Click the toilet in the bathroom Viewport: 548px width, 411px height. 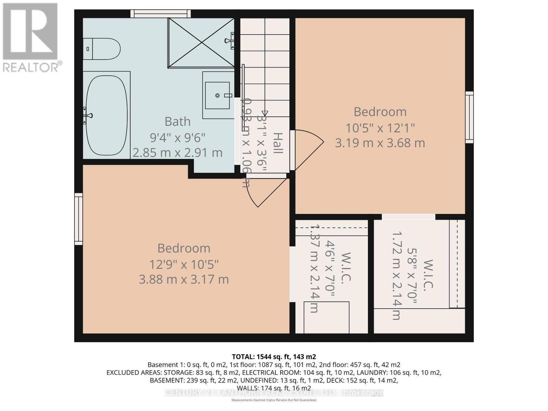pyautogui.click(x=102, y=49)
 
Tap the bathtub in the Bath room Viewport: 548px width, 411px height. pyautogui.click(x=107, y=115)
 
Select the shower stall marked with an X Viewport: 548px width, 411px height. pyautogui.click(x=201, y=43)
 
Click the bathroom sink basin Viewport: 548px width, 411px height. pyautogui.click(x=217, y=95)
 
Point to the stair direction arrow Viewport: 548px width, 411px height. pyautogui.click(x=265, y=113)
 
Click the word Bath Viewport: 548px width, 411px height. pyautogui.click(x=177, y=122)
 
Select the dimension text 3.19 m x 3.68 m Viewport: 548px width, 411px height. pyautogui.click(x=380, y=143)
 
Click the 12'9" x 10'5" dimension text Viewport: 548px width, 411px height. pyautogui.click(x=184, y=264)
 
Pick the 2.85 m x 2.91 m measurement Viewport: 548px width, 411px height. pyautogui.click(x=177, y=153)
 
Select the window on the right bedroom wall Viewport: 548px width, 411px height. pyautogui.click(x=469, y=117)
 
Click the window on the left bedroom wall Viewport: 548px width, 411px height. pyautogui.click(x=79, y=219)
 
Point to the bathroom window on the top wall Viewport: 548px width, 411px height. pyautogui.click(x=160, y=14)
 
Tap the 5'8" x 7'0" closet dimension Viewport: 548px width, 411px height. pyautogui.click(x=411, y=276)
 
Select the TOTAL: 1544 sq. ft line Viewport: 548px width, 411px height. pyautogui.click(x=274, y=357)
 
